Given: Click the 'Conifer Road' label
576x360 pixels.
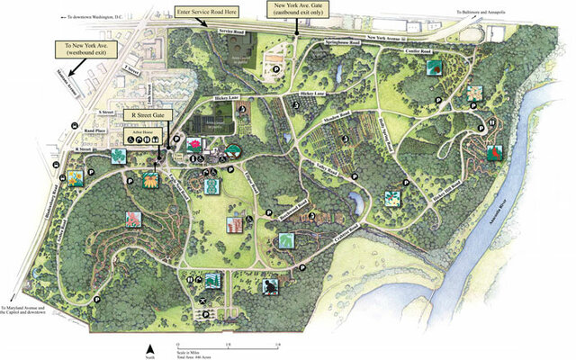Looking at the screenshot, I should point(420,50).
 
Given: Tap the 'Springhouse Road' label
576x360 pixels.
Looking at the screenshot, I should point(343,42).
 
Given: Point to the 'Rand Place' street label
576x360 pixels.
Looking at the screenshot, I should point(94,132).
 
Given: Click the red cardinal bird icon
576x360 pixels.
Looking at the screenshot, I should point(492,154).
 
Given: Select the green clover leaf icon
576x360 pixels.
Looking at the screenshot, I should point(118,155).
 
